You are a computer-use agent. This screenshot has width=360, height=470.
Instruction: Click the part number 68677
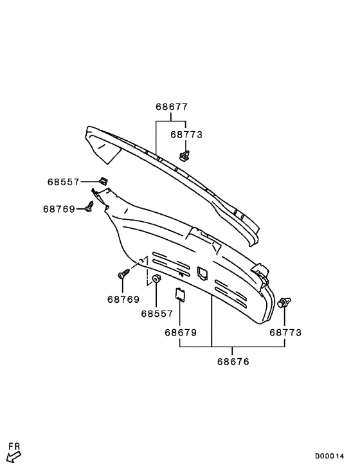172,107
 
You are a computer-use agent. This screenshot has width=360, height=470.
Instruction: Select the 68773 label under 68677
186,134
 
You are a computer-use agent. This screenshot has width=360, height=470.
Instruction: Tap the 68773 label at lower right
285,332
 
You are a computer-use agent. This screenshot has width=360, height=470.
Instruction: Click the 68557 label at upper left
63,182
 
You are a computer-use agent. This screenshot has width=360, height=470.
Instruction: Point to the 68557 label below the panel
157,314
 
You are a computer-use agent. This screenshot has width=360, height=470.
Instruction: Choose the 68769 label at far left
59,209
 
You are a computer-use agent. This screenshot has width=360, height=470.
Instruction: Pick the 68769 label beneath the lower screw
123,300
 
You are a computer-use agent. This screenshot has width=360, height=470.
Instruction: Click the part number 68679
181,332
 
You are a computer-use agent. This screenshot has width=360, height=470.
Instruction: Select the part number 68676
233,362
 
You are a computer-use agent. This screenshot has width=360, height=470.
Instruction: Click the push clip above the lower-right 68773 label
284,302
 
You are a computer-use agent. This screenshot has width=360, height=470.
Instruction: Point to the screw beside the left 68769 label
89,206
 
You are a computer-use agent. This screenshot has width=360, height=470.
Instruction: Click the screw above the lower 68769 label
124,274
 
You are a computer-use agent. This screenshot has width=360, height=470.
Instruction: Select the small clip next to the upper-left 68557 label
104,181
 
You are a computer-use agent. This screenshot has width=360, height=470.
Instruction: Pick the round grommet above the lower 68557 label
156,279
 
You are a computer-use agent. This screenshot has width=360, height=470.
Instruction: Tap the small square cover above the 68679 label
181,294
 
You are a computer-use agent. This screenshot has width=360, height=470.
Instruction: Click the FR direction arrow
14,456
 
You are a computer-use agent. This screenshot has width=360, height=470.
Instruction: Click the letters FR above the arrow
14,446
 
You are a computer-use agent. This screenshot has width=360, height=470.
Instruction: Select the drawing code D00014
329,456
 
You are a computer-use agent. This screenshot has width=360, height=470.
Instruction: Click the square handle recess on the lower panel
202,273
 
